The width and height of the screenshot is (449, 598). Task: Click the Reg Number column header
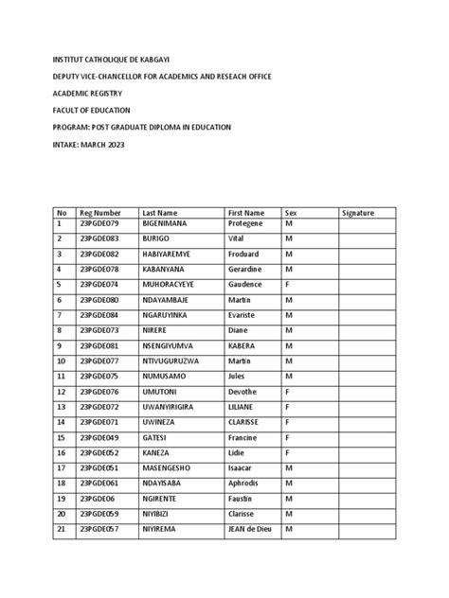pos(100,213)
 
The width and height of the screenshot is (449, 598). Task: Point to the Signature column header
pos(358,213)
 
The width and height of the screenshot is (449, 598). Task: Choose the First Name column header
pos(247,213)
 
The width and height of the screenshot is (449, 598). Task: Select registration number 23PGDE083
pos(99,240)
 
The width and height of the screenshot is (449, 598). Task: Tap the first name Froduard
pos(245,255)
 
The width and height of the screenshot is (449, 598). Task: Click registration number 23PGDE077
pos(99,361)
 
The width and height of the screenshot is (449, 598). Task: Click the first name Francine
pos(245,438)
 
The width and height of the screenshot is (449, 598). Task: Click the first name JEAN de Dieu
pos(250,529)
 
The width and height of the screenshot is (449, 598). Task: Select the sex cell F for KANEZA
pos(288,453)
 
